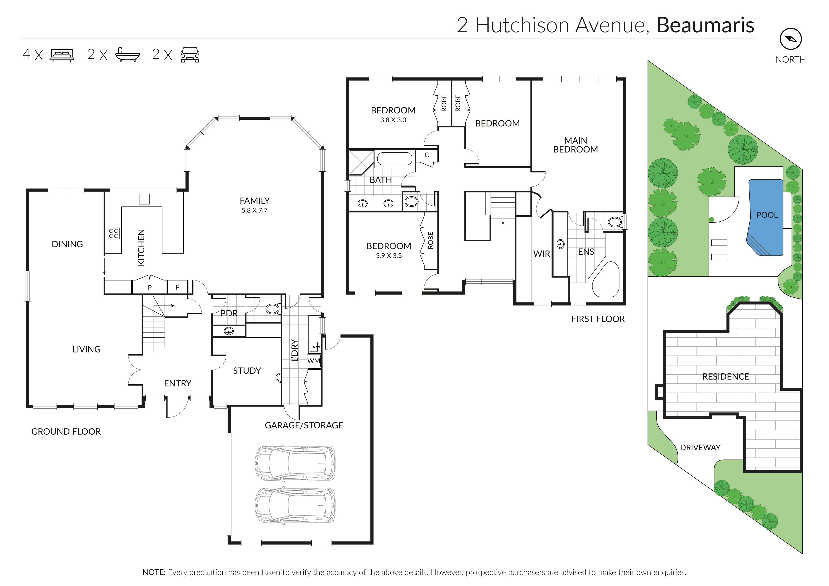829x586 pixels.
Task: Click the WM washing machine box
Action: tap(314, 361)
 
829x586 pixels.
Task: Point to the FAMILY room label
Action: tap(254, 201)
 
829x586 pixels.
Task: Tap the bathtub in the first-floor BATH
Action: tap(394, 159)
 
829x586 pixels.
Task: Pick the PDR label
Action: tap(229, 313)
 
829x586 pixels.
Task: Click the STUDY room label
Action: tap(247, 371)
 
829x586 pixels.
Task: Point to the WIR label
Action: tap(541, 254)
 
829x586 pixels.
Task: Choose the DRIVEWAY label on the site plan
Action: tap(700, 447)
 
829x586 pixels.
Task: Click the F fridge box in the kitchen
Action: tap(177, 287)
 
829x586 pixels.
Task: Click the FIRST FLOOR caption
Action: tap(598, 319)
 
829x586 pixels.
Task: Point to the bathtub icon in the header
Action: tap(127, 55)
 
